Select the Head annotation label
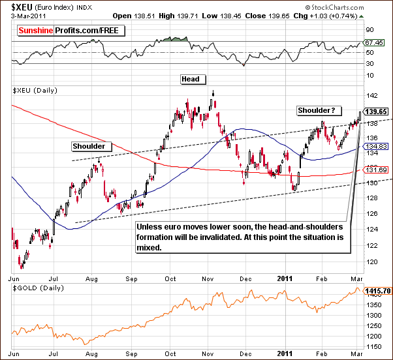click(193, 79)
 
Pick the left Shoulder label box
click(90, 146)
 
